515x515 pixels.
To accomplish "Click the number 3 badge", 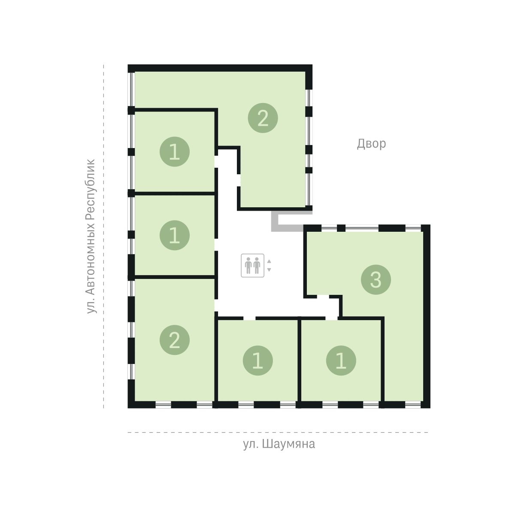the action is coord(376,279).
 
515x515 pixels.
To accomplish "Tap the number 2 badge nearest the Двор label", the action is coord(263,118).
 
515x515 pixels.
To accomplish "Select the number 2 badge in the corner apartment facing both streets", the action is coord(175,340).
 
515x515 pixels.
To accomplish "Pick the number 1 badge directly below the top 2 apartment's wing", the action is coord(175,152).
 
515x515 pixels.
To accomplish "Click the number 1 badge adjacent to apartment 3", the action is coord(341,360).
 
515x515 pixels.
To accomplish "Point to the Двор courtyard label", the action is coord(371,144).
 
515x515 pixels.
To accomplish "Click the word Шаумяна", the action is coord(289,444).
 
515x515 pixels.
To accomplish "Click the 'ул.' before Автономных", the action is coord(91,306).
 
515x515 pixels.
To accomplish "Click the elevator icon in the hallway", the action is coord(252,265).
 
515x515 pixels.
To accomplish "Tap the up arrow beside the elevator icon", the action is coord(269,261).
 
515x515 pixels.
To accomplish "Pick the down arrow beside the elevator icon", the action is coord(269,270).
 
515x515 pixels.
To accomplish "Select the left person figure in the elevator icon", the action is coord(248,265).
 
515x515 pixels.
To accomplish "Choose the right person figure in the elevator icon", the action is coord(257,265).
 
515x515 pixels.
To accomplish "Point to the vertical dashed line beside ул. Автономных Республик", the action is coord(103,236).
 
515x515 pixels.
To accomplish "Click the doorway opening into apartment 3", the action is coord(323,297).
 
